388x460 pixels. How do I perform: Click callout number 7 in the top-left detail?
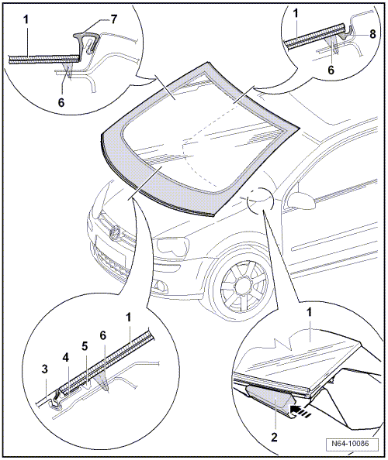click(x=113, y=19)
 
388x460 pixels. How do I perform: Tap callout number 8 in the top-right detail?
click(x=372, y=34)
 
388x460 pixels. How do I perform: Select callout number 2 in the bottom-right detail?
click(x=274, y=438)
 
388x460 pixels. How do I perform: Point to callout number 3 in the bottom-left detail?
click(x=45, y=369)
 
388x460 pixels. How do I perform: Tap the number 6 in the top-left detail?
click(x=61, y=103)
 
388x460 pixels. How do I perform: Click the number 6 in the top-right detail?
click(x=331, y=70)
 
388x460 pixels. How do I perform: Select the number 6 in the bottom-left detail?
click(x=103, y=335)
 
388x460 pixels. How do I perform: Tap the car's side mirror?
click(x=301, y=201)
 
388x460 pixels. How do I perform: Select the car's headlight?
click(x=172, y=247)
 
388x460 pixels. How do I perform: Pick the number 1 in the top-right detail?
click(x=296, y=13)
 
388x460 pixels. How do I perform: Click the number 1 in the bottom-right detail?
click(x=309, y=313)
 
